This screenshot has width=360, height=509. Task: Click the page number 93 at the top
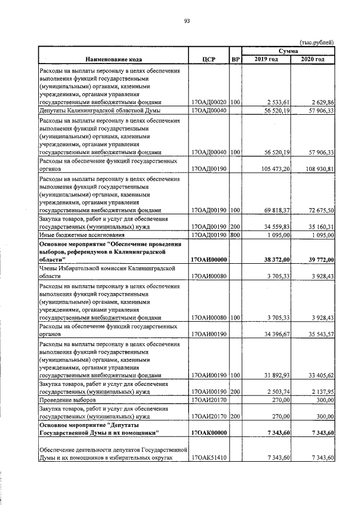click(x=187, y=21)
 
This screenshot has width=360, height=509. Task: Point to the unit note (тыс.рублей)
click(x=317, y=42)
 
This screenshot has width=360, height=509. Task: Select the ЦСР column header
click(x=209, y=59)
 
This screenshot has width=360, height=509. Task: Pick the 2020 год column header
click(x=312, y=59)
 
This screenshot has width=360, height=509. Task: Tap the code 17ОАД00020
click(x=209, y=103)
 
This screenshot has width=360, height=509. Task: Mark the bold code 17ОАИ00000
click(x=209, y=260)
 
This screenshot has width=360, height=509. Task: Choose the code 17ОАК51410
click(x=209, y=458)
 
